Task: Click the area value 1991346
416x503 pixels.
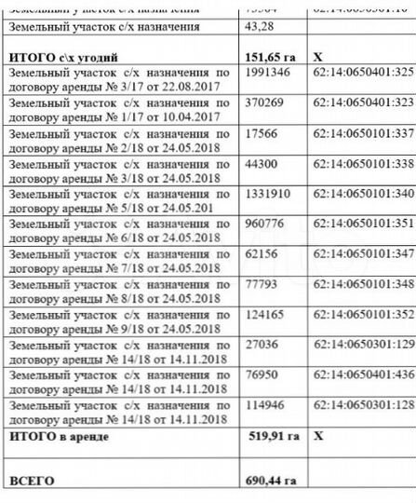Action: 266,71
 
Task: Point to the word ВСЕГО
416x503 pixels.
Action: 32,481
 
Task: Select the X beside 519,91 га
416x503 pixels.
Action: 318,436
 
